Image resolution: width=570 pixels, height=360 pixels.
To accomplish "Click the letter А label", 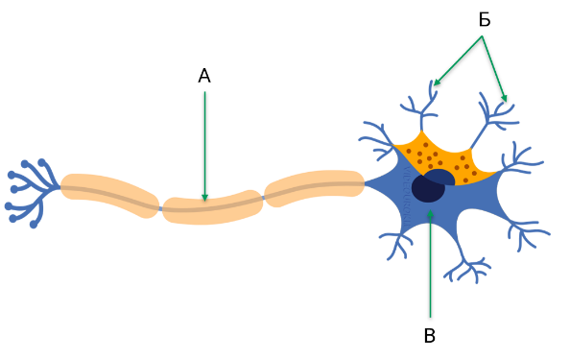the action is pyautogui.click(x=204, y=77).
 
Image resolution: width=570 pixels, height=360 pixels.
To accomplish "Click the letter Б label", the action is pyautogui.click(x=485, y=19).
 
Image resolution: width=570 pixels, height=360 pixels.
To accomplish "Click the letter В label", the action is pyautogui.click(x=430, y=336).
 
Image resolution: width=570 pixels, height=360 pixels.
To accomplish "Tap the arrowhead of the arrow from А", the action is pyautogui.click(x=204, y=197).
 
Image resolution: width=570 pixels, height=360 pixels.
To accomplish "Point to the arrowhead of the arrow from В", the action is pyautogui.click(x=431, y=214).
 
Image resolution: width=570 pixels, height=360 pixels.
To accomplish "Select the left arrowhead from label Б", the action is pyautogui.click(x=437, y=83).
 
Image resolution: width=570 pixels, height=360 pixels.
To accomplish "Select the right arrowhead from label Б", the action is pyautogui.click(x=504, y=98).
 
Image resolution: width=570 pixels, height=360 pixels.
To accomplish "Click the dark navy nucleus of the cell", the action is pyautogui.click(x=429, y=188).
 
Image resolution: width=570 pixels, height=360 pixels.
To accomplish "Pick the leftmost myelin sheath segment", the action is pyautogui.click(x=109, y=194).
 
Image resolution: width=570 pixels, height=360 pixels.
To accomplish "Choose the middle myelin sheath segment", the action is pyautogui.click(x=213, y=207).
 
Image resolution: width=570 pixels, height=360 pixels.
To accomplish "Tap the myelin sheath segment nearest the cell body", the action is pyautogui.click(x=315, y=187).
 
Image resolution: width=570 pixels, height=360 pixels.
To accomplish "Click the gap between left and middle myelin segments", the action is pyautogui.click(x=160, y=208).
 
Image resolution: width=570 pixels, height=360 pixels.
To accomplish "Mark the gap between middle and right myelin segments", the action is pyautogui.click(x=264, y=198).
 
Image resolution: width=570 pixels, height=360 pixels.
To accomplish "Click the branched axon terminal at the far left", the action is pyautogui.click(x=32, y=193).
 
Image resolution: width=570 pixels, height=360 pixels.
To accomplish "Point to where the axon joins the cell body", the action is pyautogui.click(x=366, y=183).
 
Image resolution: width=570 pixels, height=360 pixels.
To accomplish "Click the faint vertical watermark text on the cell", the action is pyautogui.click(x=407, y=198).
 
